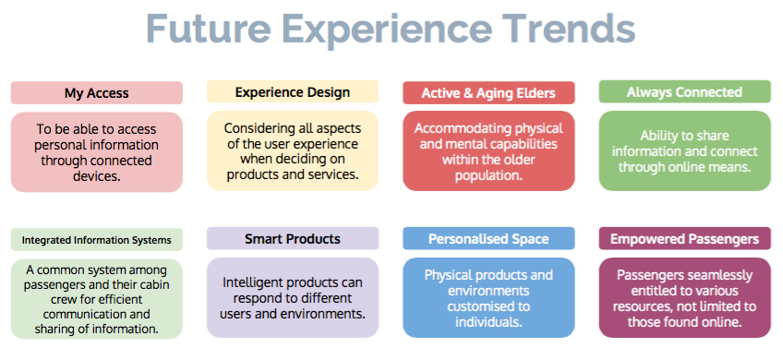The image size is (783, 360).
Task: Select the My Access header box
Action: click(x=96, y=93)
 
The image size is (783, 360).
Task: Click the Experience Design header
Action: click(x=293, y=92)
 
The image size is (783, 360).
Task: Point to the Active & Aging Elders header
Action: click(x=488, y=93)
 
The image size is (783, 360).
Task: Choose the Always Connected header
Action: click(x=684, y=92)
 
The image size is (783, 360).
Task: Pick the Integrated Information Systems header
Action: click(x=96, y=240)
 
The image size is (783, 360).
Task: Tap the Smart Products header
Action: click(x=293, y=239)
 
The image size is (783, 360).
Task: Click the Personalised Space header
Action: click(x=488, y=239)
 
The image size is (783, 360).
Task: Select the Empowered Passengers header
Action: click(x=684, y=239)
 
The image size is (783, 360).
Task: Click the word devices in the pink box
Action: click(x=97, y=176)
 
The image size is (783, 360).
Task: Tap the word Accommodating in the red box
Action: click(x=453, y=128)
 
